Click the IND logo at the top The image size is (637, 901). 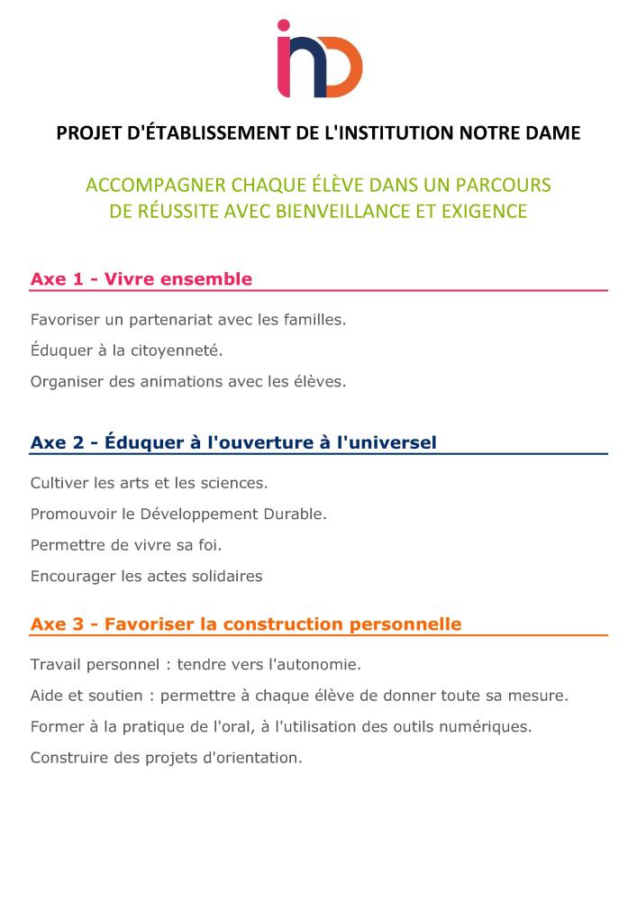319,59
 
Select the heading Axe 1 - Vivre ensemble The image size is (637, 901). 141,279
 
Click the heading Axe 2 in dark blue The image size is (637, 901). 233,442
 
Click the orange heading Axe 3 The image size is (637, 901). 246,623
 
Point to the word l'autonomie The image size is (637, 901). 309,665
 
